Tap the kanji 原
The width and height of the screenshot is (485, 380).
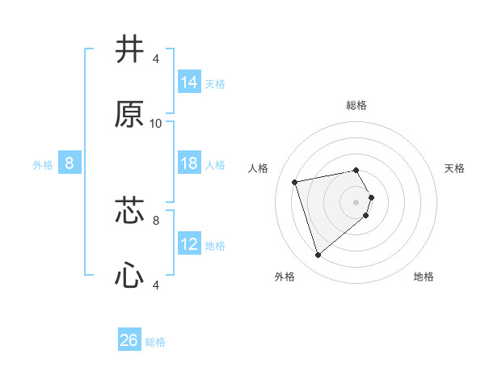tap(130, 115)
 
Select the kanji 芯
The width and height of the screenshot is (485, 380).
tap(130, 210)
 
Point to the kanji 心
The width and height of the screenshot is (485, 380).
tap(130, 277)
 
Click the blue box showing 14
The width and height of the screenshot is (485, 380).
tap(189, 82)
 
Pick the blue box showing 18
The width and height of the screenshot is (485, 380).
tap(189, 163)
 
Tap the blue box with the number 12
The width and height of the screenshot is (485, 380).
tap(189, 244)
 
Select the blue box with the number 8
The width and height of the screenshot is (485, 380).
tap(70, 163)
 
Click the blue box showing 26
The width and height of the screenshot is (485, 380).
tap(129, 340)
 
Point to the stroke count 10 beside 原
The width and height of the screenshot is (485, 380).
tap(156, 124)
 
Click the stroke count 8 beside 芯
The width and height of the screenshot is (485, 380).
tap(156, 219)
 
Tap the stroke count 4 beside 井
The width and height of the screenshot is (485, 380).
tap(156, 59)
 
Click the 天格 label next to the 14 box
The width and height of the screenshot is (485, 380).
tap(215, 83)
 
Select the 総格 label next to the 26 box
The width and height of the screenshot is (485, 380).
tap(155, 342)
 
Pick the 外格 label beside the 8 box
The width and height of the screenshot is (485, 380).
tap(43, 165)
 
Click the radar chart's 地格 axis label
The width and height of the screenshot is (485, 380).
tap(424, 277)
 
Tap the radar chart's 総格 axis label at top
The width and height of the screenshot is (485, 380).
tap(356, 105)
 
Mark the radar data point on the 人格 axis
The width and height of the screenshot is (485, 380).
tap(295, 181)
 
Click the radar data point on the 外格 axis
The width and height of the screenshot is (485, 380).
tap(318, 255)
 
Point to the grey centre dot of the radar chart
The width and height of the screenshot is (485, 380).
tap(356, 201)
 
